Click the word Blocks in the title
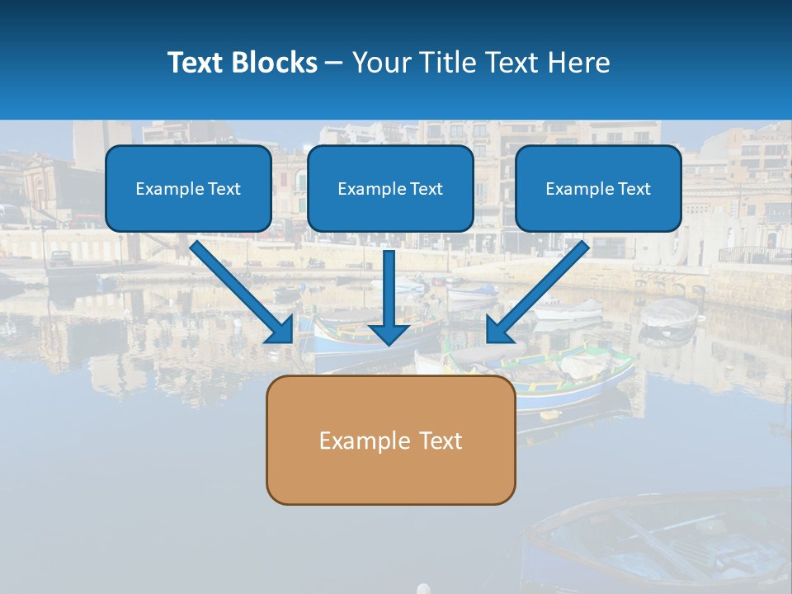point(276,63)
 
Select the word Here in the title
point(582,63)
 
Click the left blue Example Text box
point(188,188)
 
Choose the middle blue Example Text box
point(390,188)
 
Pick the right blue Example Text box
point(598,188)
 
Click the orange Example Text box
point(390,440)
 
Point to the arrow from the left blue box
point(239,289)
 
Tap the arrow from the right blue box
point(540,289)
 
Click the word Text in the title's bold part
point(196,63)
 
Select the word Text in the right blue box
point(634,189)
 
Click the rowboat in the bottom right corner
point(660,540)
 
